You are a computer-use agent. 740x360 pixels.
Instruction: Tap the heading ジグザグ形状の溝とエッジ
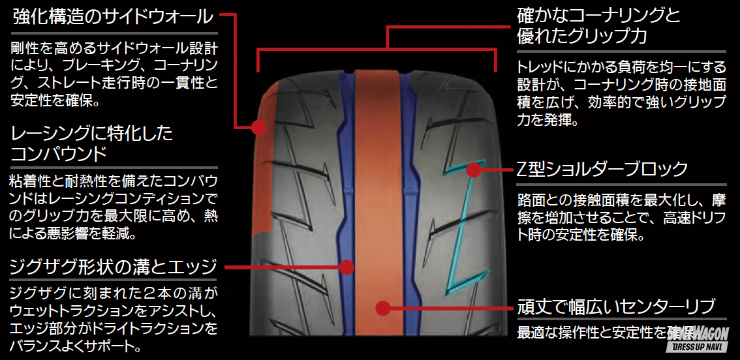point(113,267)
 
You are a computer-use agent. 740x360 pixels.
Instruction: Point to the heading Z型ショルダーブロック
point(602,170)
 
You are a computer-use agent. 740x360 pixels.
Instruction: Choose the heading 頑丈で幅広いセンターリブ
point(617,306)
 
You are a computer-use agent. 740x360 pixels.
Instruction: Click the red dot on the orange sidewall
point(256,127)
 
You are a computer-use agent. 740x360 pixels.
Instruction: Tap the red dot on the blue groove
point(347,266)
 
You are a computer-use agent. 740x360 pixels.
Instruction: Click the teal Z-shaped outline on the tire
point(468,222)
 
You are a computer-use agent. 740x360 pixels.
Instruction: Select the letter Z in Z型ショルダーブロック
point(521,170)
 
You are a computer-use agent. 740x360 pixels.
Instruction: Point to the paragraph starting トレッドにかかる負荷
point(620,93)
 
